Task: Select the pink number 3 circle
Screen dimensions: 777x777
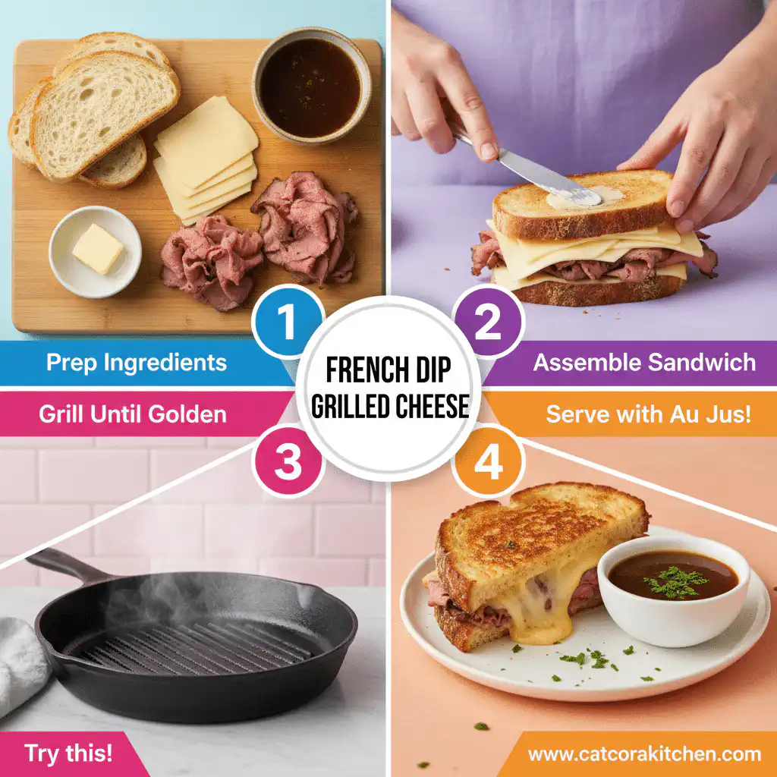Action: point(288,462)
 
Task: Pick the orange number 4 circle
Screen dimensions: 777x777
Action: point(489,462)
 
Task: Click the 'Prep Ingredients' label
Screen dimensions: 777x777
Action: point(137,362)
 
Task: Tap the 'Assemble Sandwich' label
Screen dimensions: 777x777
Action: point(644,362)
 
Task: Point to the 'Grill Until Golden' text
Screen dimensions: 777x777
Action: point(132,414)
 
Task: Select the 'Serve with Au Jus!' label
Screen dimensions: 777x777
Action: point(649,414)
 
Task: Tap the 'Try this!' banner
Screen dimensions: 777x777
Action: point(68,753)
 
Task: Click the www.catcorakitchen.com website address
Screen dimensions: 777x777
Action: point(644,754)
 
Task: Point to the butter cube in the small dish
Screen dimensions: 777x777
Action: point(97,248)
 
